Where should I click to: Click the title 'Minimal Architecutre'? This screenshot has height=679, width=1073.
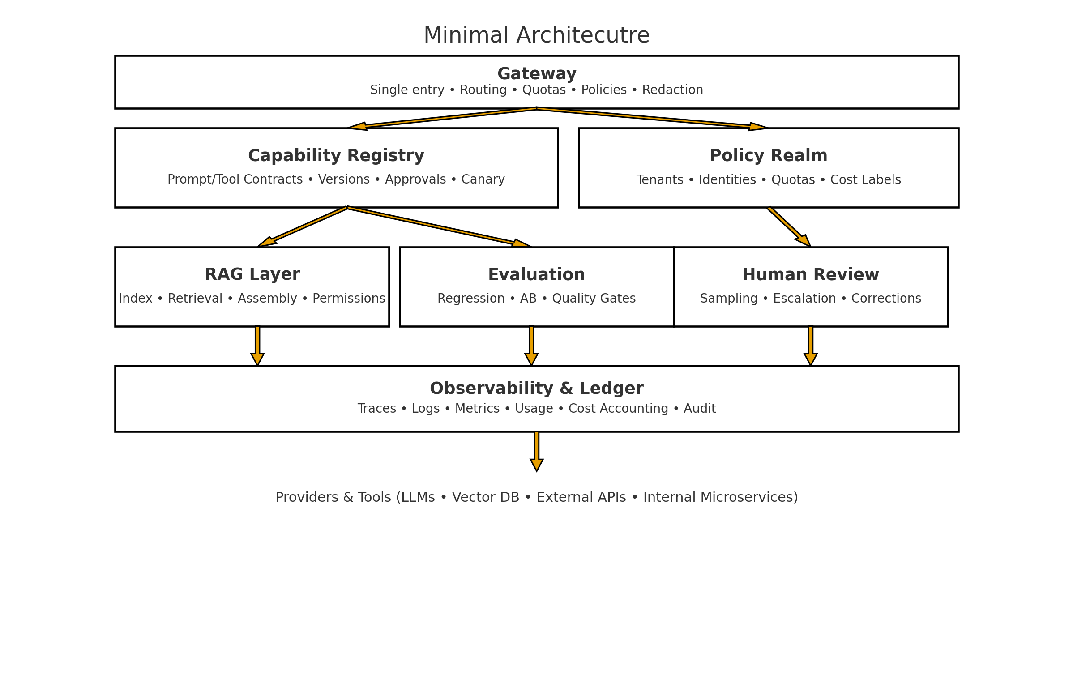click(x=536, y=35)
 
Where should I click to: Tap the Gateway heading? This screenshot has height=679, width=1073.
click(x=536, y=73)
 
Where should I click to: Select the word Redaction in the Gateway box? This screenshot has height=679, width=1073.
click(x=672, y=90)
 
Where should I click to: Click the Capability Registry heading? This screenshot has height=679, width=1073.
click(x=336, y=156)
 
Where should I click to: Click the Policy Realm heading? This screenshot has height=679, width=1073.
click(x=768, y=156)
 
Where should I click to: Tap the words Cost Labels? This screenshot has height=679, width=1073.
click(x=865, y=180)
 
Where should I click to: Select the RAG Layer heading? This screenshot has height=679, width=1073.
click(x=252, y=274)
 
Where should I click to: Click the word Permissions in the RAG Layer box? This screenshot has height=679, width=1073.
click(x=348, y=299)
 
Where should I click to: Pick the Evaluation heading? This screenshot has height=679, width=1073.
click(x=536, y=275)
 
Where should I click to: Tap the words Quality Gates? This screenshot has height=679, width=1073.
click(x=594, y=299)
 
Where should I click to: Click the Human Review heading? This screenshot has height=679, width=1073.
click(x=810, y=275)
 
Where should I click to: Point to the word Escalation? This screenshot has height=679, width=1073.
click(x=804, y=299)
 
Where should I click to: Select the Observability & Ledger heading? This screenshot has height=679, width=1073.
click(x=536, y=389)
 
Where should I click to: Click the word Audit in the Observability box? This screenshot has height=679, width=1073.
click(x=699, y=409)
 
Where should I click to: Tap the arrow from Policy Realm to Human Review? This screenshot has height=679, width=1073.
click(x=789, y=227)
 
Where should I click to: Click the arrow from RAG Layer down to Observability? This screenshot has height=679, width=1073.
click(x=257, y=346)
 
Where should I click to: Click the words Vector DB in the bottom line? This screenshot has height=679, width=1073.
click(x=485, y=497)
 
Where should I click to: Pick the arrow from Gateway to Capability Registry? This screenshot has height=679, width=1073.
click(x=443, y=118)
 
